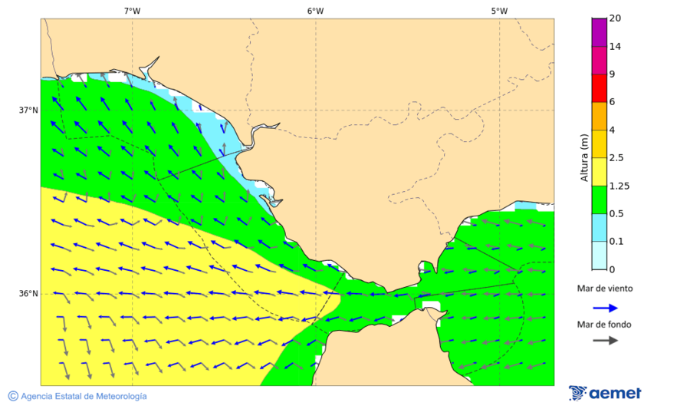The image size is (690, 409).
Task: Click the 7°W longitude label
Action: [132, 11]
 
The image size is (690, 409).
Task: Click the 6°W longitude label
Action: [315, 11]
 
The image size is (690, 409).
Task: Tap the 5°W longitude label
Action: [499, 11]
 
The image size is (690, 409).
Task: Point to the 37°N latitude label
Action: [28, 110]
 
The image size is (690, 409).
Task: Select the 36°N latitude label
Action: [28, 294]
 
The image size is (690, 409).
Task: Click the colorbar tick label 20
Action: [615, 18]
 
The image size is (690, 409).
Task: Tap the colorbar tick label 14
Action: [615, 46]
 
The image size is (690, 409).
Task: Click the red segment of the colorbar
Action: [599, 87]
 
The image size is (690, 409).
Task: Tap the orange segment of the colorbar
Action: [599, 116]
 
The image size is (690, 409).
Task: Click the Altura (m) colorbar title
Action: [584, 157]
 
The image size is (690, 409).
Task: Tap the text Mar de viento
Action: [605, 289]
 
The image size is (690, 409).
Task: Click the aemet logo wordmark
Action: [615, 393]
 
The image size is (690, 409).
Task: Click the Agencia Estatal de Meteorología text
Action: [84, 396]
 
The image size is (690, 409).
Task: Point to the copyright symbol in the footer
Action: [13, 396]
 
